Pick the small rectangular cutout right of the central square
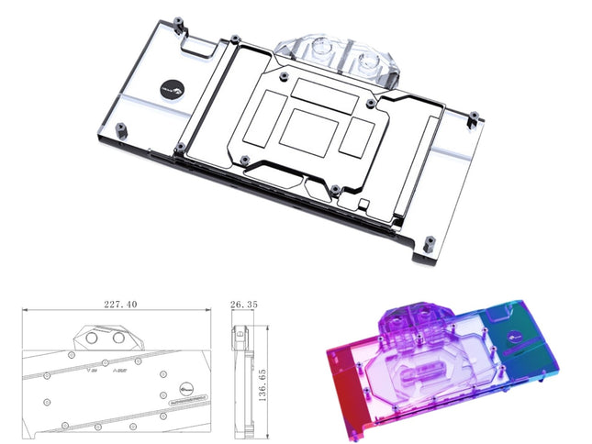(x=354, y=139)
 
